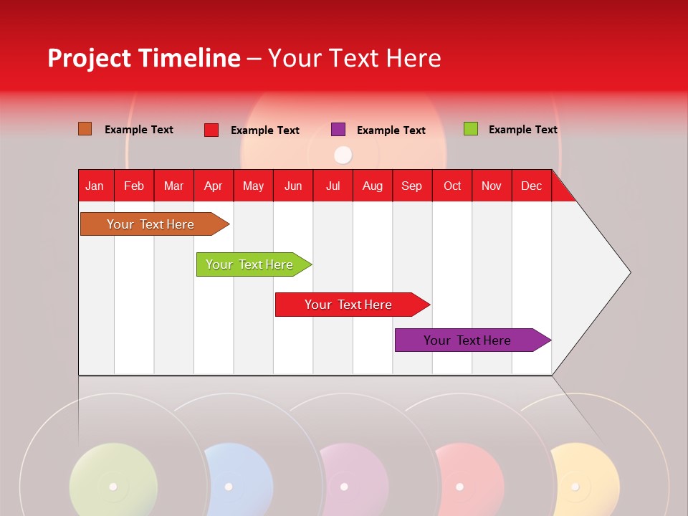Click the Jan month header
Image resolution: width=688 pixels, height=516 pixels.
[x=95, y=186]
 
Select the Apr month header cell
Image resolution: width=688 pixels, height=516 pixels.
[x=214, y=186]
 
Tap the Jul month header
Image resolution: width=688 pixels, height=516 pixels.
[x=333, y=186]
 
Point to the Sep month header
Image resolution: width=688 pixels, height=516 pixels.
[x=411, y=186]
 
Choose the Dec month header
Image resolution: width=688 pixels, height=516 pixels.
[x=531, y=186]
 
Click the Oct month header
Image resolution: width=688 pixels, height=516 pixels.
[x=452, y=186]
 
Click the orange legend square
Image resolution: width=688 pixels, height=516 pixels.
[x=85, y=129]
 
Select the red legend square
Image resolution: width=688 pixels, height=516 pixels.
[x=211, y=130]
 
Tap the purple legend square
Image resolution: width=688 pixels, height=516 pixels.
[x=338, y=130]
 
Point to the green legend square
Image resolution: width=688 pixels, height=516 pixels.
[x=470, y=129]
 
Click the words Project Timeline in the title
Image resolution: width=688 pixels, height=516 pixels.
[x=143, y=58]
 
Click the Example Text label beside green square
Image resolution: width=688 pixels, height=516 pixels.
[x=522, y=130]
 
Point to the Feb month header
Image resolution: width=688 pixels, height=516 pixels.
[x=134, y=186]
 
